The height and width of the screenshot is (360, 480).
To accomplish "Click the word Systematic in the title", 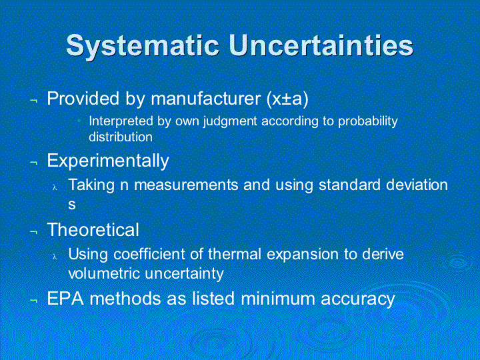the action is tap(143, 46).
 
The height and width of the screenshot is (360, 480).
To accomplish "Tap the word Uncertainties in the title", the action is tap(321, 45).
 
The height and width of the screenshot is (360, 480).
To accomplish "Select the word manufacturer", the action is tap(205, 99).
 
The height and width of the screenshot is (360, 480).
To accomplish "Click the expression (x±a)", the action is tap(287, 99).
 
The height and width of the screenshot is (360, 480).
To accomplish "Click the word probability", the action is tap(368, 121).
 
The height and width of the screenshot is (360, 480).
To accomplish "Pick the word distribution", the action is tap(121, 137).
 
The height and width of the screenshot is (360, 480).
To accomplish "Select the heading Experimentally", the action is tap(108, 161).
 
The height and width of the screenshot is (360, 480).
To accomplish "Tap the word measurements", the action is tap(186, 185).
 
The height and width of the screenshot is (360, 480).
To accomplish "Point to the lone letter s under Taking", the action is tap(72, 205).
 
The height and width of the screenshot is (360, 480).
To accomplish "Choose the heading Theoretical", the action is tap(93, 229).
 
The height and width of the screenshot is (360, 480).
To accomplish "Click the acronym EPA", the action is tap(65, 299).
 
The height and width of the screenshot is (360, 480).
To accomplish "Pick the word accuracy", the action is tap(358, 299).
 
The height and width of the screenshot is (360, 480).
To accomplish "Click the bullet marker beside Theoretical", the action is tap(34, 232).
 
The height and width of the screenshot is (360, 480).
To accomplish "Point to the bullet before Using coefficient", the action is tap(55, 256).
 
